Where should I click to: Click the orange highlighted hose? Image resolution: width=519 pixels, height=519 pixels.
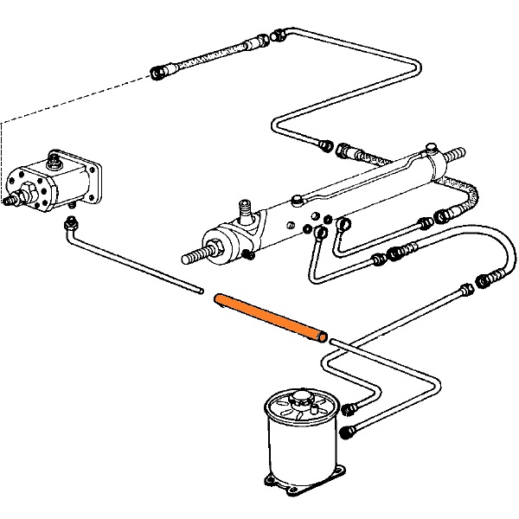click(x=270, y=317)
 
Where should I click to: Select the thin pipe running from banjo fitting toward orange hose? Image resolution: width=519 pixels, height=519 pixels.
click(x=138, y=263)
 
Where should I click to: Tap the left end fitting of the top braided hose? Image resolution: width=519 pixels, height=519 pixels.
click(x=160, y=72)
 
